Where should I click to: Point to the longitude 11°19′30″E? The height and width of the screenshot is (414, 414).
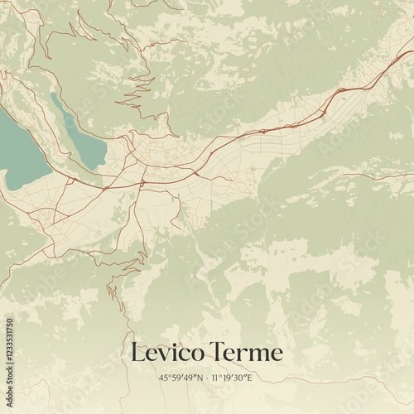pyautogui.click(x=232, y=378)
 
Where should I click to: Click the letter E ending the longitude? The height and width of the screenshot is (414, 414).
pyautogui.click(x=249, y=378)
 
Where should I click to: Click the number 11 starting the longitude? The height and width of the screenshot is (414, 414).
pyautogui.click(x=215, y=378)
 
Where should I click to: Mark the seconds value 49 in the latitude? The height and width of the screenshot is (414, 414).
pyautogui.click(x=189, y=378)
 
